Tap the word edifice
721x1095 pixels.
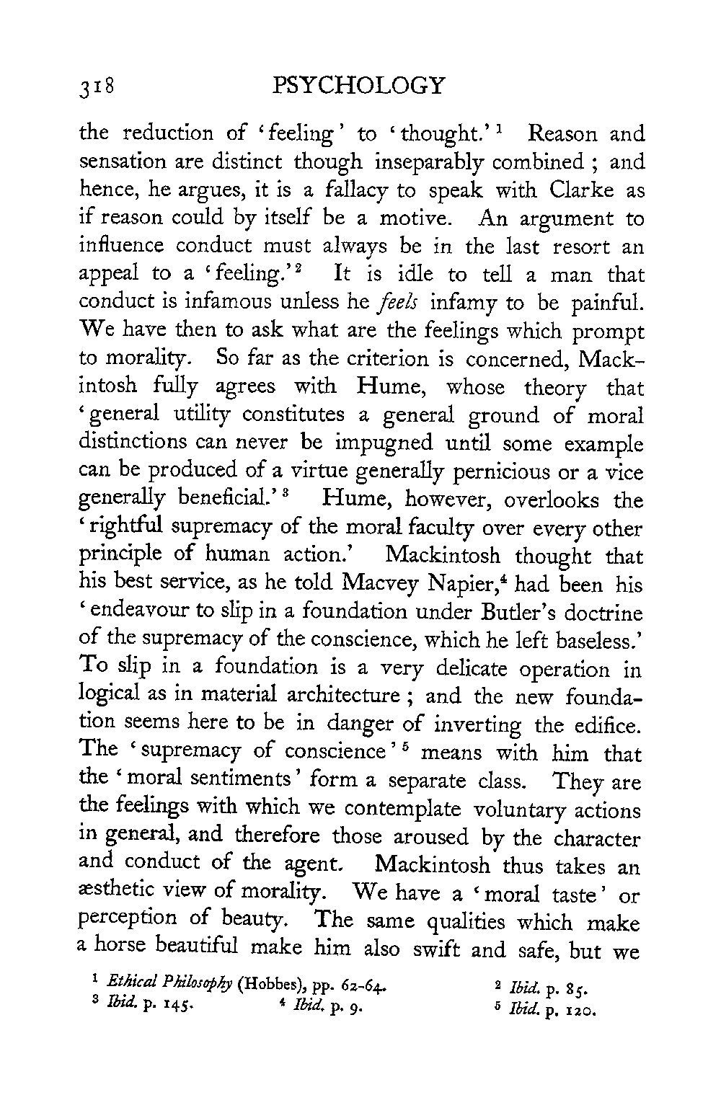(603, 726)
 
